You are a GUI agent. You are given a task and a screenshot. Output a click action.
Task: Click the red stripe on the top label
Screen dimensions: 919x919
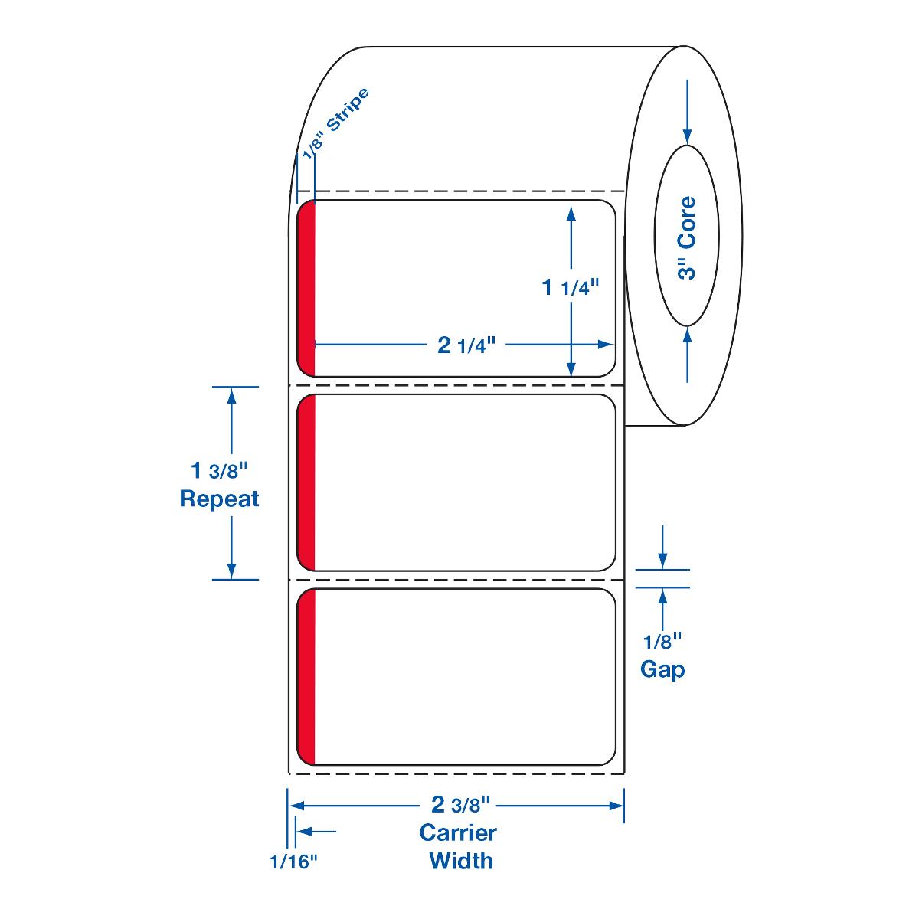306,289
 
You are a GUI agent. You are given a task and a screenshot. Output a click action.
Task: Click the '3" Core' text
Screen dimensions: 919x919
688,238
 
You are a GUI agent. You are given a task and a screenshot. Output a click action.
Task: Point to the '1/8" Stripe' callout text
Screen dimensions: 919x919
336,123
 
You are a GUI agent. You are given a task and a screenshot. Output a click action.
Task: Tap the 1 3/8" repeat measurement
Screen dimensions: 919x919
219,469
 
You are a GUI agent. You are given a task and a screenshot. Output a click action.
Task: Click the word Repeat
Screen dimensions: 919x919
219,499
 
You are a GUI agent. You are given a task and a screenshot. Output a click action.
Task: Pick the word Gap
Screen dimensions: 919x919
662,669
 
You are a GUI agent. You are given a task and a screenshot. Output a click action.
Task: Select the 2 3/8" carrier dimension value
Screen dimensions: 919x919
459,805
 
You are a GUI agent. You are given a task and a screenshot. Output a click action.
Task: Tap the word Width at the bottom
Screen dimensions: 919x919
461,860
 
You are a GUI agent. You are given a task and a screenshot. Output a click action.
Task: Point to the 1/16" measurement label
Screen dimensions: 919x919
293,862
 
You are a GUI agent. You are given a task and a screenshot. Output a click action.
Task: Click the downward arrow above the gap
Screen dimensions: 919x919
662,547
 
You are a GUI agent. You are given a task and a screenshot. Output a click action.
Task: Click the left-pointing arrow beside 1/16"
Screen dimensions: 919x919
316,831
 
